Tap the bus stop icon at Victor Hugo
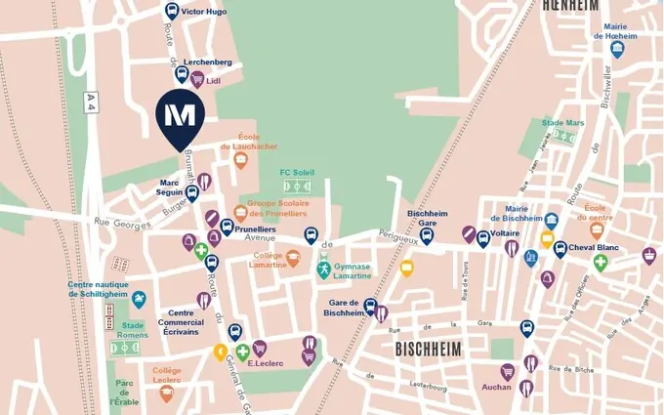(172, 12)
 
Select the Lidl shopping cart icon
(197, 80)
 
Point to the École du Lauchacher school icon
(240, 160)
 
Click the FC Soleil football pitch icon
(297, 186)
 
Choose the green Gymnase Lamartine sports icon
(323, 269)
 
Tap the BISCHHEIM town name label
(428, 349)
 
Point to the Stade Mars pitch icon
(563, 137)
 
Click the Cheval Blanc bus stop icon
(560, 249)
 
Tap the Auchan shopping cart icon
(508, 371)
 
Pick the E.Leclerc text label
(265, 363)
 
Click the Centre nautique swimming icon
(139, 299)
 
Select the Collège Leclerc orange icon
(166, 393)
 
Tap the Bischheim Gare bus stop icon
(427, 236)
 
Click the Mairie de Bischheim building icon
(552, 221)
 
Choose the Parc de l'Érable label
(124, 394)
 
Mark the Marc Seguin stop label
(171, 187)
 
